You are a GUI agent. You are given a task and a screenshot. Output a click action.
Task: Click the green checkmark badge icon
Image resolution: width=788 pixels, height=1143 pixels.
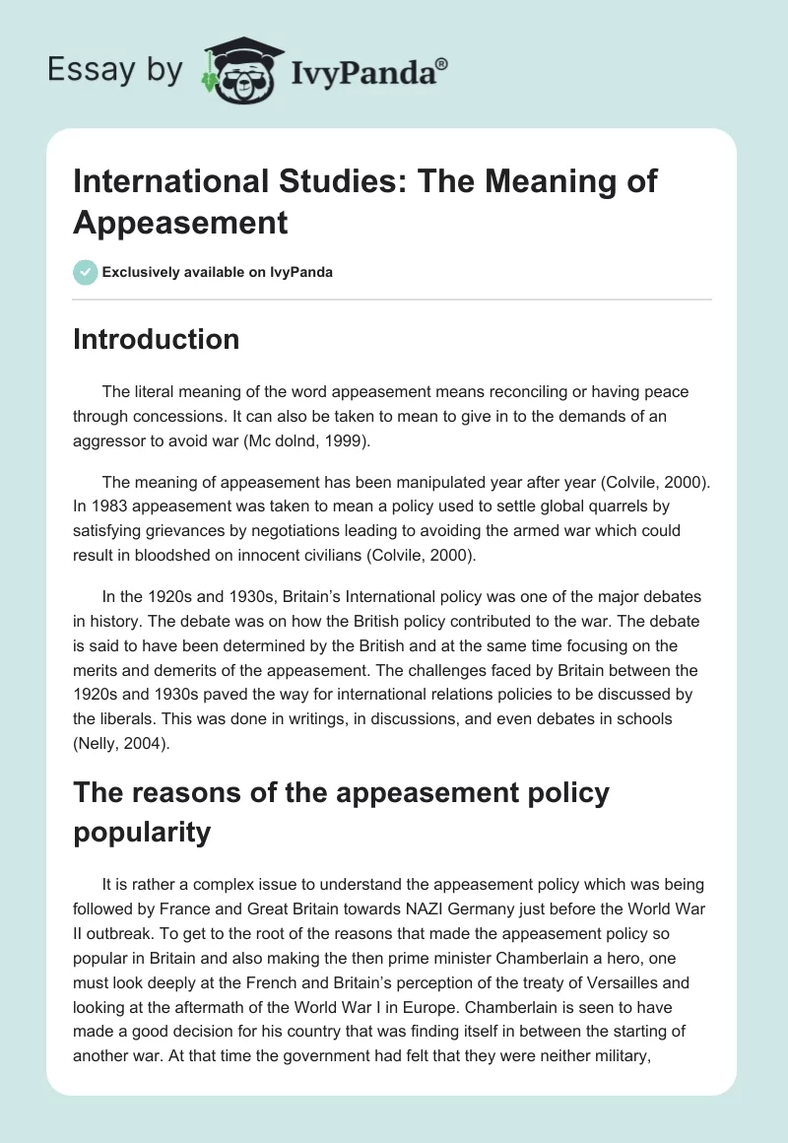coord(86,272)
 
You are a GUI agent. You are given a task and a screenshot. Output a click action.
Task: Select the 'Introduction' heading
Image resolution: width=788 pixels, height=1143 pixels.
coord(157,339)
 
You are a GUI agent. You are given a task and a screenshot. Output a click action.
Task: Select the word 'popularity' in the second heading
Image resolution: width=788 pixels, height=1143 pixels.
coord(142,833)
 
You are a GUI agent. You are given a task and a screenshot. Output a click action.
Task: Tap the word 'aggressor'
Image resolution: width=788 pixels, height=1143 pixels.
coord(122,441)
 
